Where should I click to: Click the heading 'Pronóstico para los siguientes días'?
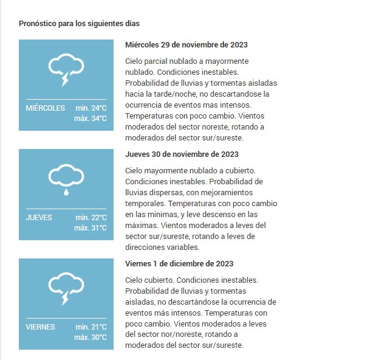(x=79, y=24)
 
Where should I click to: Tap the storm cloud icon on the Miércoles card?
(x=66, y=68)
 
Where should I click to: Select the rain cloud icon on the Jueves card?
(x=66, y=178)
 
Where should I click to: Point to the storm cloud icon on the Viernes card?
(x=66, y=287)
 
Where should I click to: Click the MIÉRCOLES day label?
(x=46, y=108)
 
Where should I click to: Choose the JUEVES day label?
(x=39, y=218)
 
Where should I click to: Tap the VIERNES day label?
(x=41, y=327)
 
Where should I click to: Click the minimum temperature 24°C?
(x=91, y=108)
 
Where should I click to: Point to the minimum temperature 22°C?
(x=91, y=218)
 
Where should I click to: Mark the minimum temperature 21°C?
(x=91, y=327)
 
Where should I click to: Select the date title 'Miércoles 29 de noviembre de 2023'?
(x=186, y=45)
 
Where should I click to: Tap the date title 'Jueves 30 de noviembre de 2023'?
(x=182, y=154)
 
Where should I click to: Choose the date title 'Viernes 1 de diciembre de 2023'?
(x=179, y=264)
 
